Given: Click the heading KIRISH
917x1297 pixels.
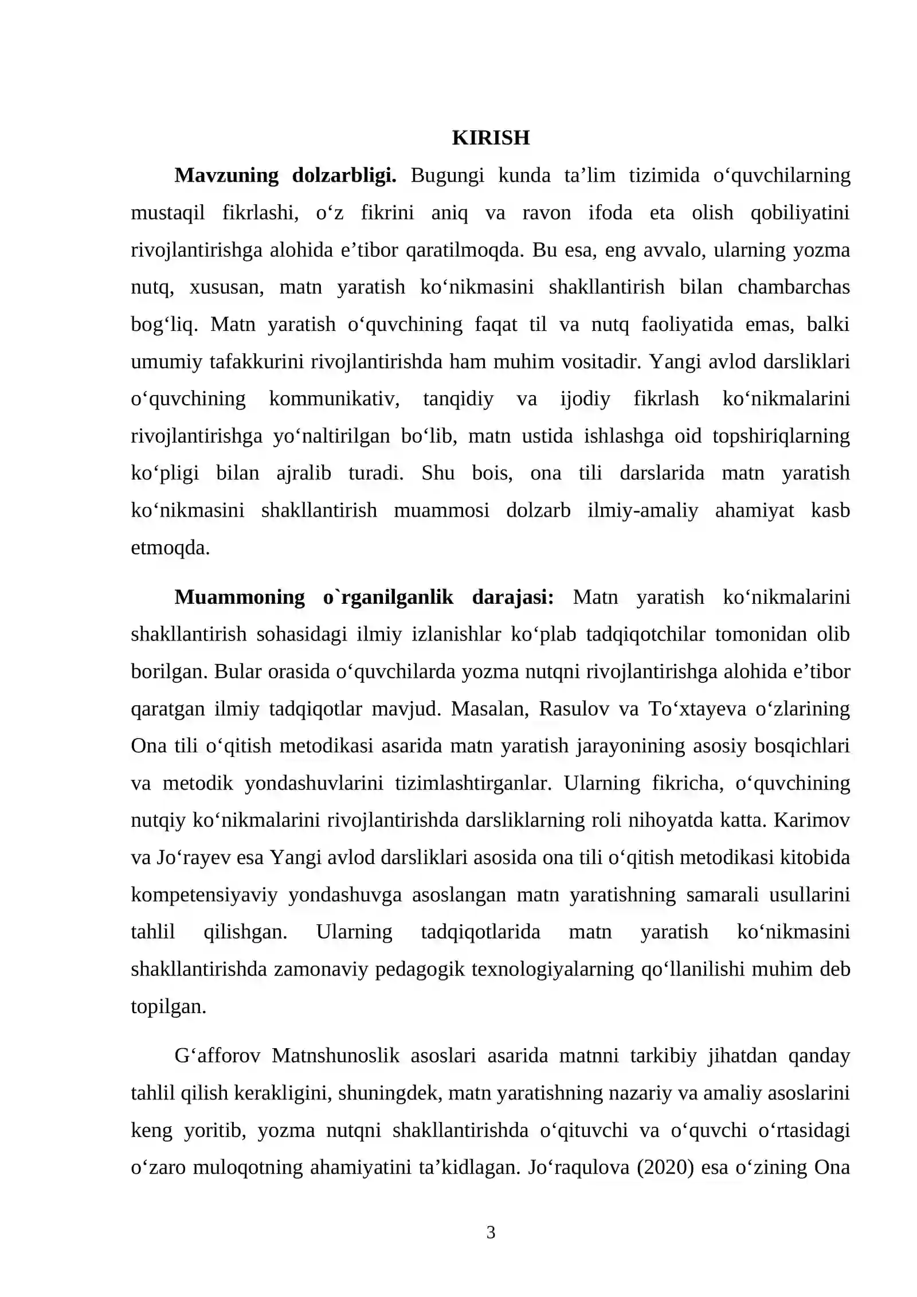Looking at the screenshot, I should click(491, 138).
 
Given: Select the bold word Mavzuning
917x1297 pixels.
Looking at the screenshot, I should click(226, 175).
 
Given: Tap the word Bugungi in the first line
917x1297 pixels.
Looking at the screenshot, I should click(447, 175).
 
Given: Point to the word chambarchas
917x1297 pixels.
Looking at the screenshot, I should click(793, 287).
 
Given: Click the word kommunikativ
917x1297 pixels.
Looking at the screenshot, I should click(334, 399).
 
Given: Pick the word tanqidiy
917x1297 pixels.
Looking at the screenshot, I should click(458, 399).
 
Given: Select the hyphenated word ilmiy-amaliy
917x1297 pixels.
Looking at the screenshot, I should click(642, 510).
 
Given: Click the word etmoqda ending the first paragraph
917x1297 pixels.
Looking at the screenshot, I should click(170, 548).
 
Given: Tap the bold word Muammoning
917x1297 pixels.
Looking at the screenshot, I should click(240, 597).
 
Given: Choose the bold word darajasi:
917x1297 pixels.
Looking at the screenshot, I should click(513, 597).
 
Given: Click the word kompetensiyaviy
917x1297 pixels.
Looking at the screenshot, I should click(204, 895).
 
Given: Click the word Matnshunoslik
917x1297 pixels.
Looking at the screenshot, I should click(335, 1056).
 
